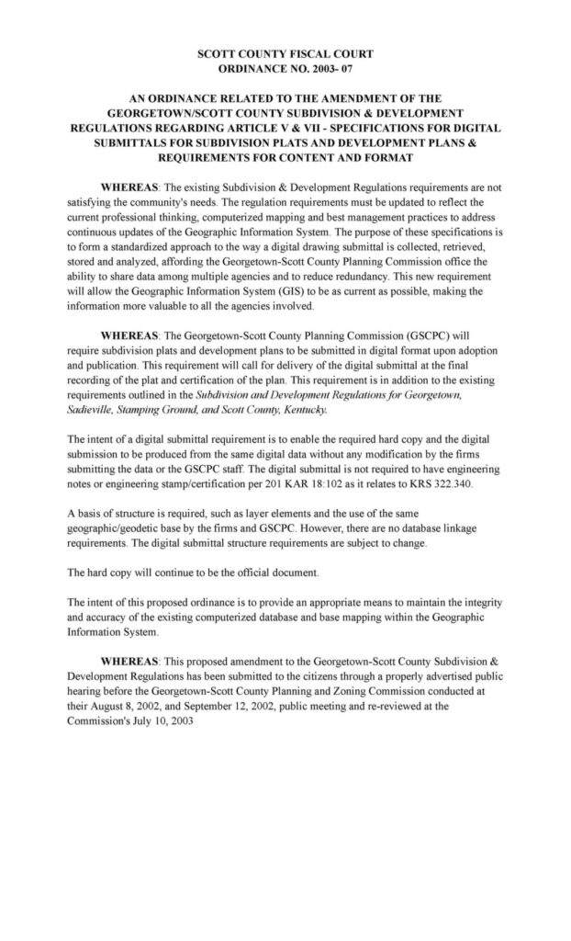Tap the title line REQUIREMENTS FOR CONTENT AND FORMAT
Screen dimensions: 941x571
285,157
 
